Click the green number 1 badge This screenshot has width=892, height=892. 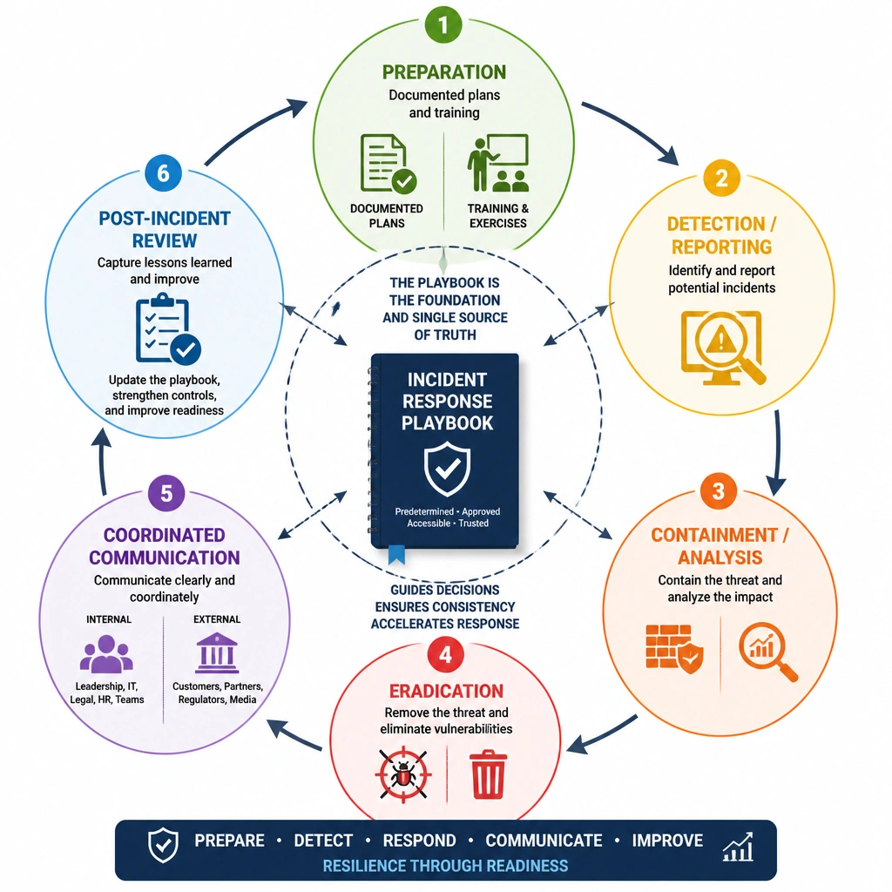pos(443,24)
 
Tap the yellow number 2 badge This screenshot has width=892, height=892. pos(721,178)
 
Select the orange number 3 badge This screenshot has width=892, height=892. pos(719,490)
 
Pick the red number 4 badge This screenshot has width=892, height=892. pos(445,655)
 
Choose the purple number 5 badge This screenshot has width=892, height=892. pos(166,493)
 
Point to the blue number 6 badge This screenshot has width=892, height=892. pos(163,173)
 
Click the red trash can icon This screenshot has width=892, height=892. pos(488,774)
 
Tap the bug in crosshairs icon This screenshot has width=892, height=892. pos(403,774)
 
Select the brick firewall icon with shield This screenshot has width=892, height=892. pos(675,649)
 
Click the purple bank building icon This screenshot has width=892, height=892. pos(216,652)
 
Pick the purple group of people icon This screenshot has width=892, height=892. pos(106,654)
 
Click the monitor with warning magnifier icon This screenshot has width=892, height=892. pos(723,348)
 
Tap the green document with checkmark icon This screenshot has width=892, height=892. pos(388,164)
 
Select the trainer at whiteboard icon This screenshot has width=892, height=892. pos(497,163)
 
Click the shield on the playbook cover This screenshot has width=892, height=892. pos(447,470)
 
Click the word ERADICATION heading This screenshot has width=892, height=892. pos(446,691)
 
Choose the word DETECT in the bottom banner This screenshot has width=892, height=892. pos(323,841)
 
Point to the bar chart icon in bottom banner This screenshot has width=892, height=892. pos(738,847)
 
